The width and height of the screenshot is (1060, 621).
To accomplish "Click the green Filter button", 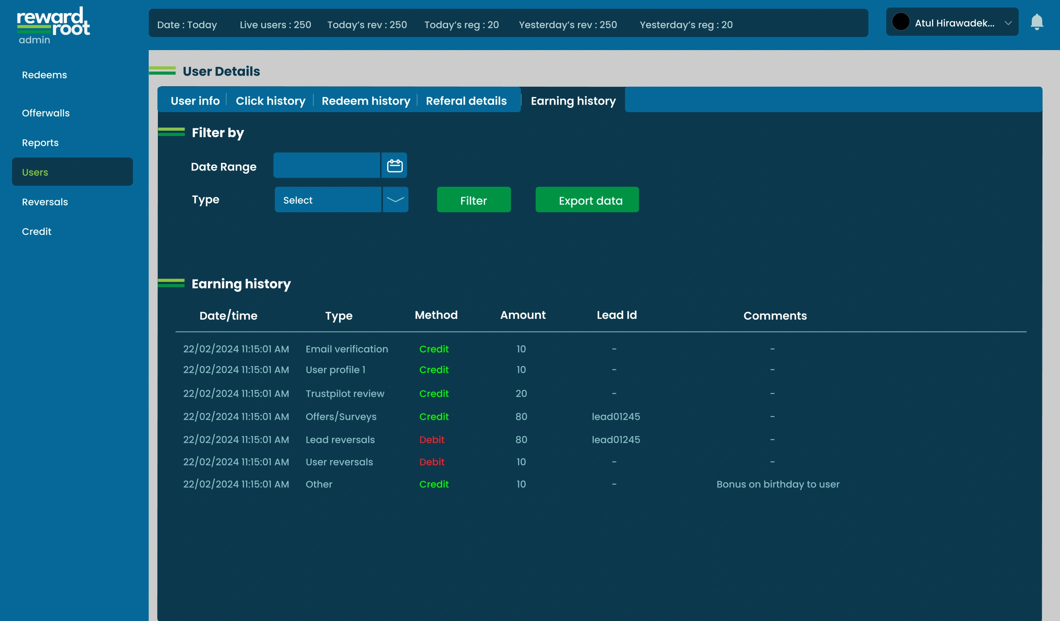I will point(474,200).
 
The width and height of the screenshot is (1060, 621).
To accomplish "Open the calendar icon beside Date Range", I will point(394,165).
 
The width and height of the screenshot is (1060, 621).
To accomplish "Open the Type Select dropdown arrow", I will point(395,200).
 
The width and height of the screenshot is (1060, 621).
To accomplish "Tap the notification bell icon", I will point(1037,22).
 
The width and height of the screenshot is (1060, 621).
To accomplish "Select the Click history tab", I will point(270,101).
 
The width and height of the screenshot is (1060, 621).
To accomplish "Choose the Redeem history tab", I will point(365,101).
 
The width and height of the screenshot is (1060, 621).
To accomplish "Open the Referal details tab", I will point(466,101).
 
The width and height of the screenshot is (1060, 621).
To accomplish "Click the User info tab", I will point(195,101).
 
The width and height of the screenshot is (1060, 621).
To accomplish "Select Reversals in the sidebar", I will point(45,202).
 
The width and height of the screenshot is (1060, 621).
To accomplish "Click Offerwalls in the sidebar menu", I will point(45,113).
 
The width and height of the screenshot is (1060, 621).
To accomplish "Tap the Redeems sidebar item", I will point(44,75).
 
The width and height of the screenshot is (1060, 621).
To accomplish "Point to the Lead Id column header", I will point(616,315).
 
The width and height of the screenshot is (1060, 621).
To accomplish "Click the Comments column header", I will point(775,316).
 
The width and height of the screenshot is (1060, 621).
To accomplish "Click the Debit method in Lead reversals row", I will point(431,440).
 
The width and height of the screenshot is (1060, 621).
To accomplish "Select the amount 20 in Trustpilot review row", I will point(521,393).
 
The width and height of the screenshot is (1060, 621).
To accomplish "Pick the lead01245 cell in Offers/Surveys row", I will point(615,417).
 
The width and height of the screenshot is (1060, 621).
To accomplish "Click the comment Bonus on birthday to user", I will point(777,484).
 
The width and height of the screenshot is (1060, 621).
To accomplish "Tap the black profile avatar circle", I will point(901,22).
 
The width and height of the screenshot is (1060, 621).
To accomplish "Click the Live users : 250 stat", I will point(275,25).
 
